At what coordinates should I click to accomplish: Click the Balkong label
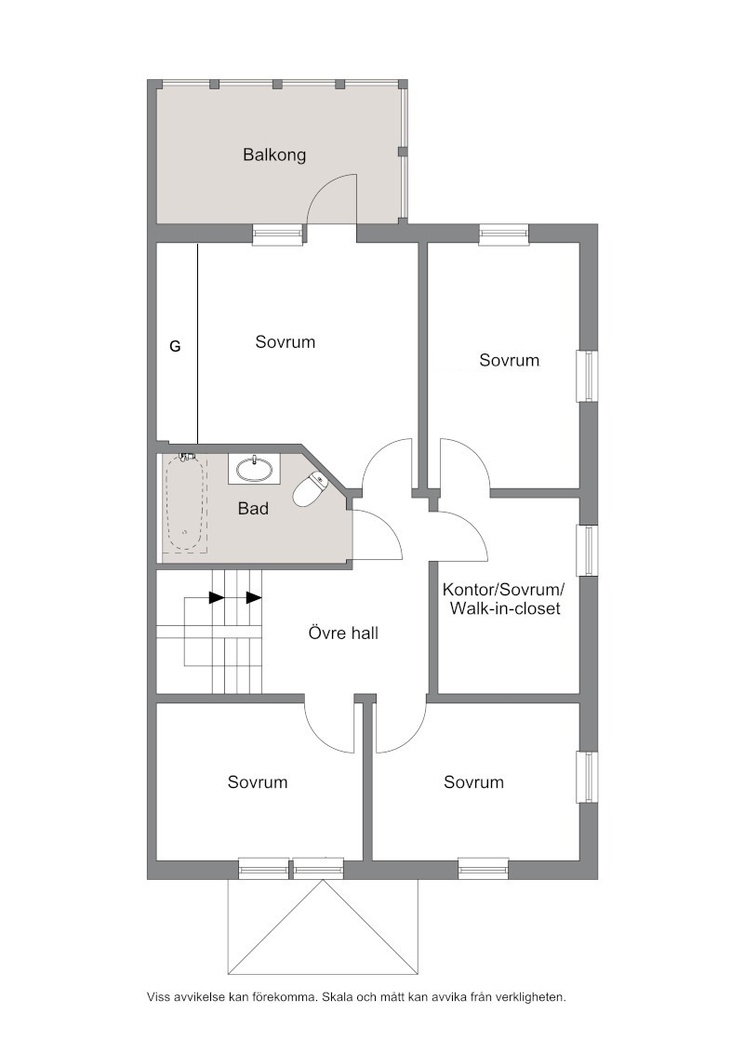[x=274, y=155]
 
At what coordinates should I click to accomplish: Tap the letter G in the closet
[x=175, y=347]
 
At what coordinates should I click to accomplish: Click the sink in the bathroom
[x=254, y=469]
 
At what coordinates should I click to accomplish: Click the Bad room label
[x=253, y=509]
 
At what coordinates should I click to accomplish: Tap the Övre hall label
[x=343, y=633]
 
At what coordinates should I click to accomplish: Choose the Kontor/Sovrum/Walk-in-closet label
[x=504, y=599]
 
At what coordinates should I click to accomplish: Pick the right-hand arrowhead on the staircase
[x=254, y=598]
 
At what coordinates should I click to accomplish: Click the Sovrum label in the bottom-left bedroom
[x=258, y=782]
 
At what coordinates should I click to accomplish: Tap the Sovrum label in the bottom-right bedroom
[x=473, y=782]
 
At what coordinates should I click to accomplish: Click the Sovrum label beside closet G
[x=286, y=341]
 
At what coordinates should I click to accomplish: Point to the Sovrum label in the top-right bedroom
[x=509, y=360]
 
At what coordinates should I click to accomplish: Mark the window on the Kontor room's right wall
[x=588, y=551]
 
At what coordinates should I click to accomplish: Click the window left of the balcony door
[x=277, y=233]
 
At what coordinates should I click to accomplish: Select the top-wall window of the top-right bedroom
[x=504, y=233]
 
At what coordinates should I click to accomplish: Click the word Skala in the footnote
[x=337, y=997]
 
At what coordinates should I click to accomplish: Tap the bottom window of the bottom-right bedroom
[x=484, y=868]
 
